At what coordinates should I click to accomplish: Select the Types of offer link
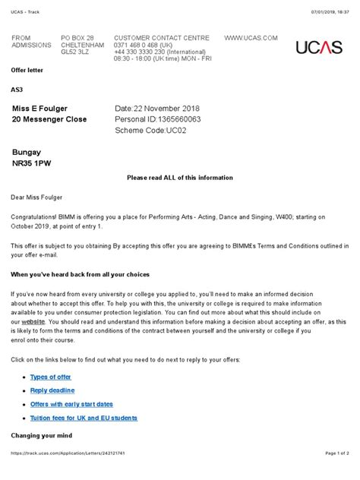point(49,377)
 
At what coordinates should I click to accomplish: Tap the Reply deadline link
point(52,390)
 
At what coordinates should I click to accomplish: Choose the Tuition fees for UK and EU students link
point(84,418)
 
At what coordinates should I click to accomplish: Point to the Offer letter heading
point(27,69)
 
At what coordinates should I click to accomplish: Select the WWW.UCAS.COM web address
point(251,38)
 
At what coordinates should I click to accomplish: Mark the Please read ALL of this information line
point(179,177)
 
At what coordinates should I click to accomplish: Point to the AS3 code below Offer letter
point(17,90)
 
